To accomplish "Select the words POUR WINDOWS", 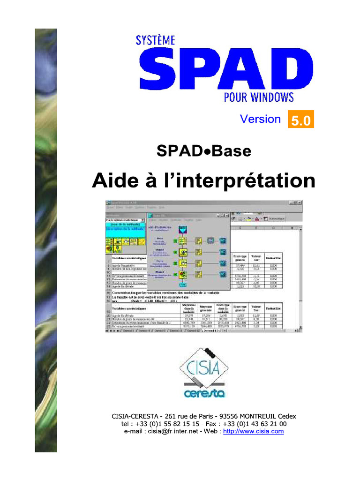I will point(259,97).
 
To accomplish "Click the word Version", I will point(260,119).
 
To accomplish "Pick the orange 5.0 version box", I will point(300,120).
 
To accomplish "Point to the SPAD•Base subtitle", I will point(204,151).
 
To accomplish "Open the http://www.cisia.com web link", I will point(254,431).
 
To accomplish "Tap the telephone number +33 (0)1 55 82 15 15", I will point(169,424).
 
